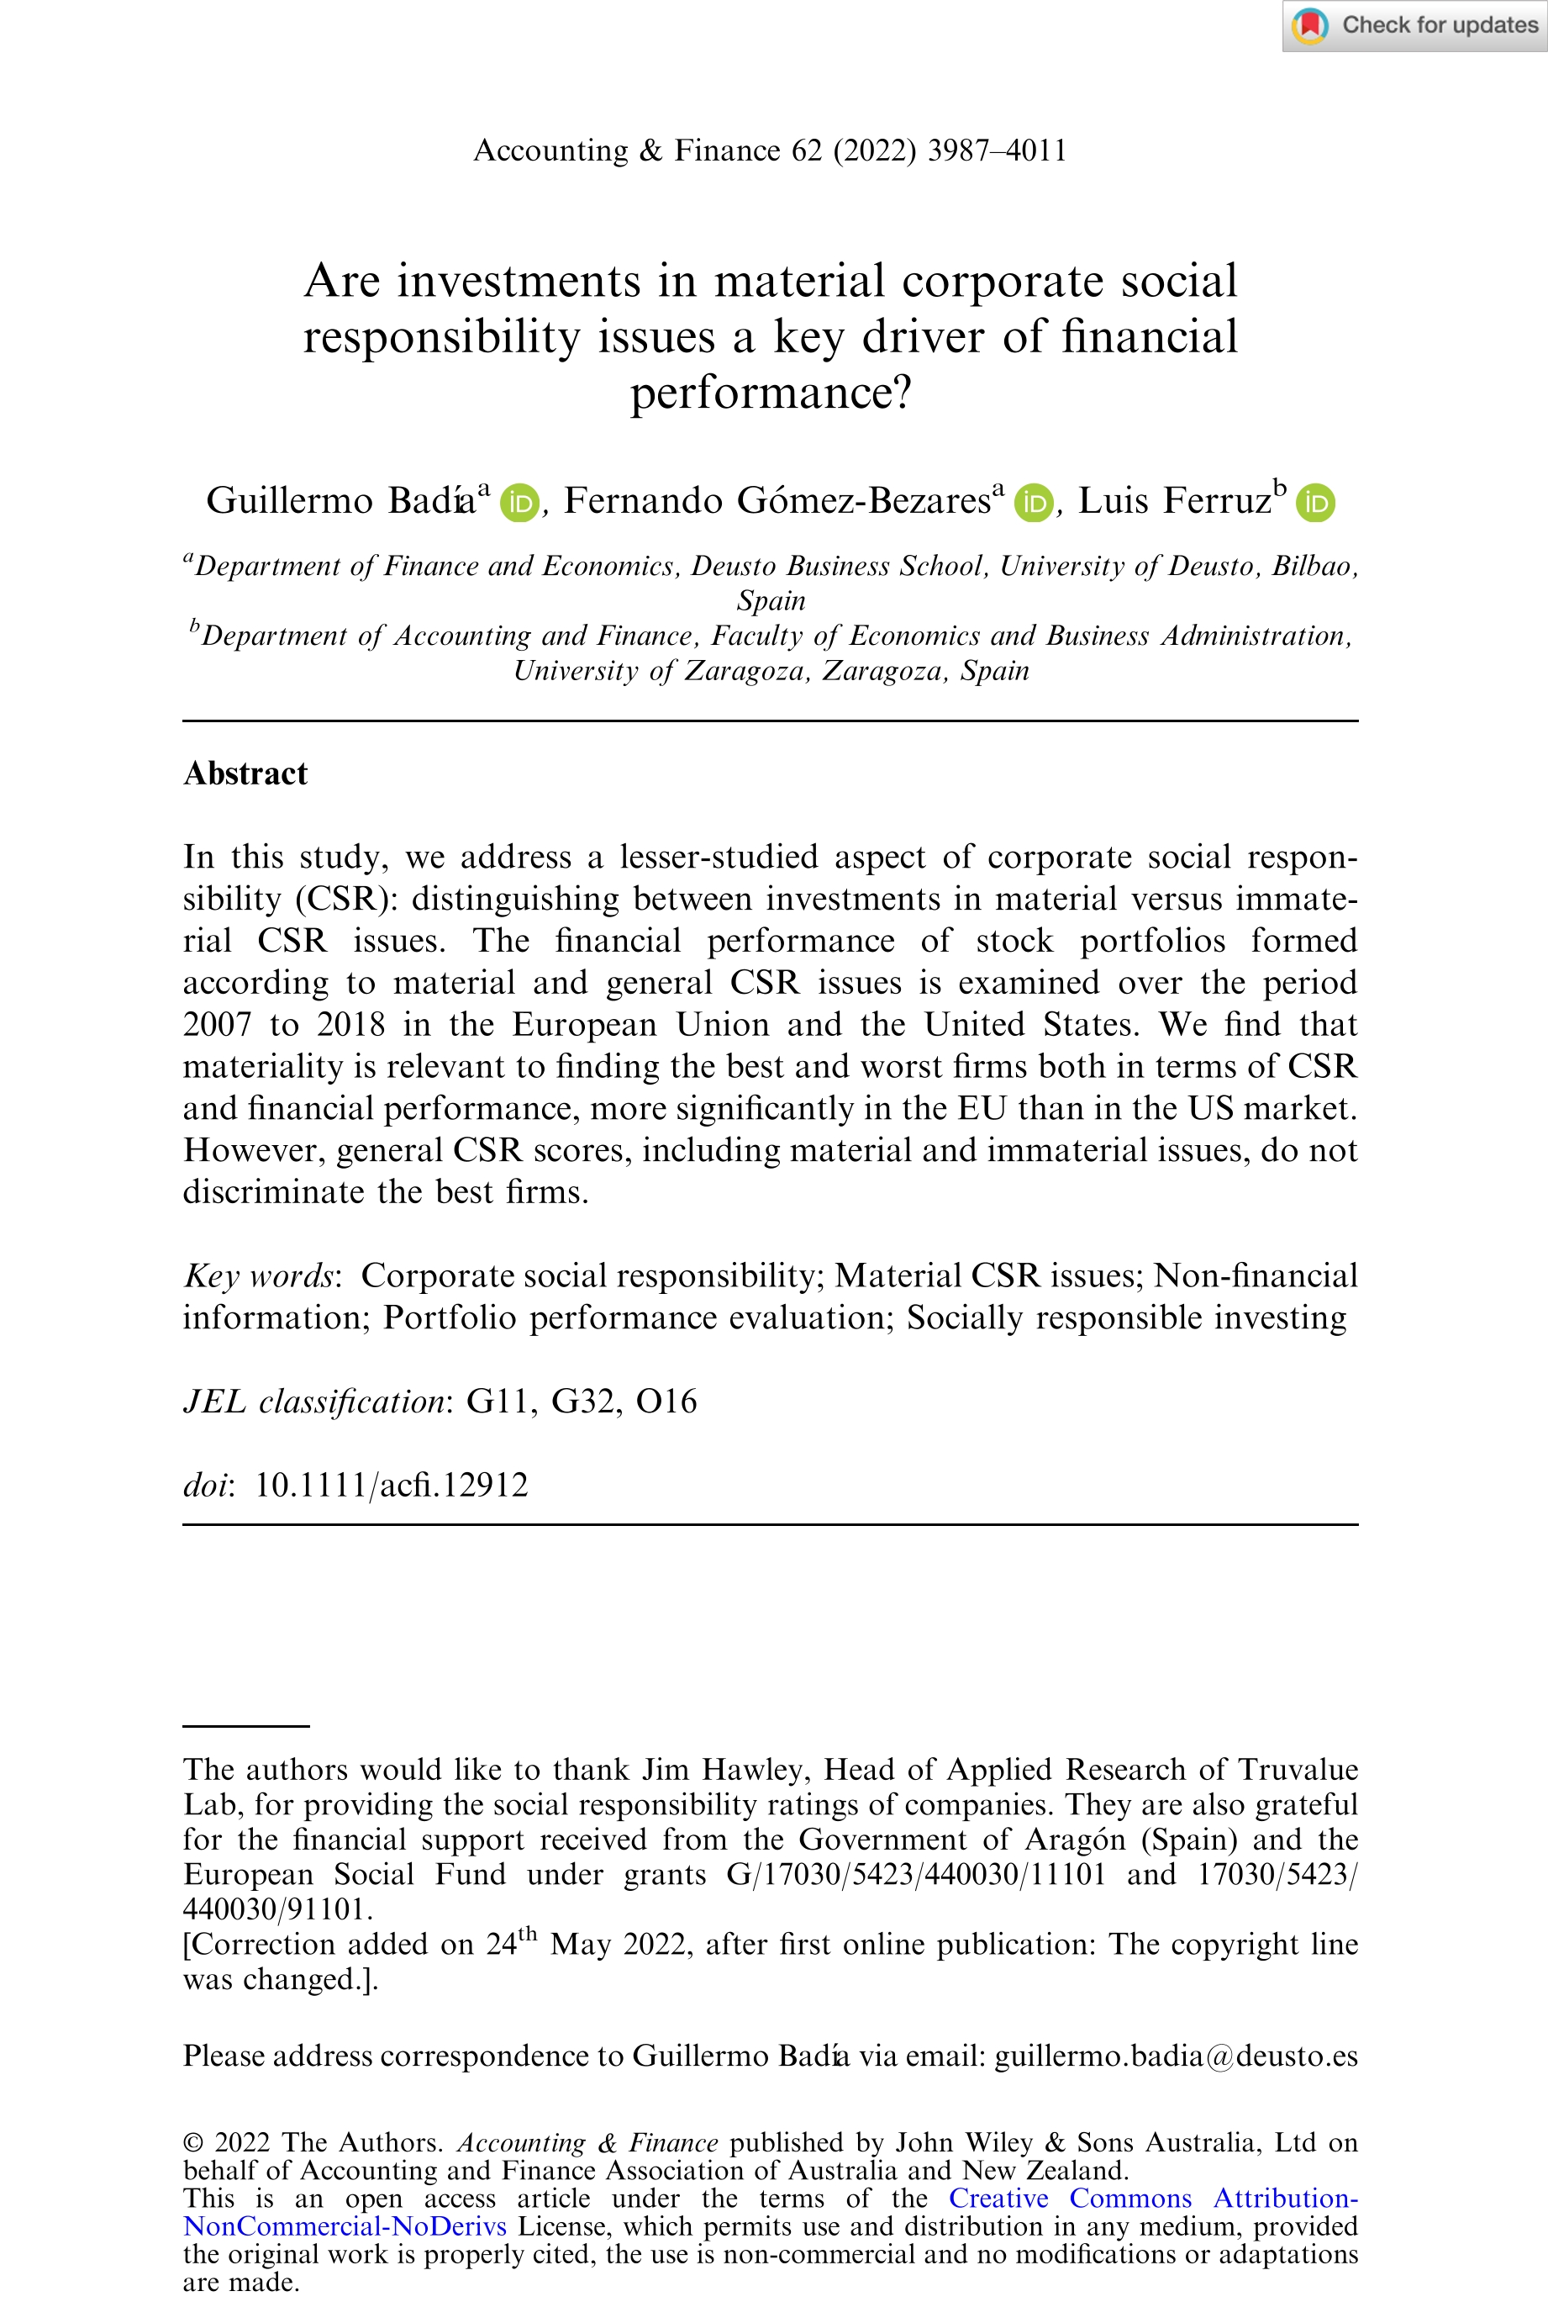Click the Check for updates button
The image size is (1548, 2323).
coord(1414,26)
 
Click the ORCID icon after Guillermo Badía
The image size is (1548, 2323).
coord(519,503)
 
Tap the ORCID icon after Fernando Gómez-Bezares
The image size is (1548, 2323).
coord(1034,503)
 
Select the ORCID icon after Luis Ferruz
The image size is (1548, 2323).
coord(1315,503)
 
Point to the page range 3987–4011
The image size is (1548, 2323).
coord(997,150)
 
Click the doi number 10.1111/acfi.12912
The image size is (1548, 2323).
coord(391,1486)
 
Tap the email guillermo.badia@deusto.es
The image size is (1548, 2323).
coord(1176,2056)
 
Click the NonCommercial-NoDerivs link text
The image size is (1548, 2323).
coord(345,2226)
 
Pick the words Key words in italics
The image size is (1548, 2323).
coord(259,1276)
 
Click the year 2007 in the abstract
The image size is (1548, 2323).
coord(217,1024)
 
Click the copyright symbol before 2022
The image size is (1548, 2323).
coord(193,2142)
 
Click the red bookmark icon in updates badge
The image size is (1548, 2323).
coord(1310,26)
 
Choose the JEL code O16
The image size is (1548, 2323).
coord(666,1402)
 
